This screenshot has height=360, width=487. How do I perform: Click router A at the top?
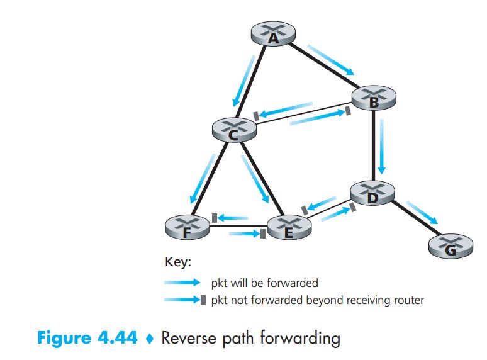272,35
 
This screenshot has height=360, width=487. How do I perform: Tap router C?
234,129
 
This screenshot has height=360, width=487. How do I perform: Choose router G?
450,245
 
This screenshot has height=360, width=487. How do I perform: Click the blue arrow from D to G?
422,212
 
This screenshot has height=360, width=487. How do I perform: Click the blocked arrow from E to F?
230,217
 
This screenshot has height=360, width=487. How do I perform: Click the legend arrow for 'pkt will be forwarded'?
182,283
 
